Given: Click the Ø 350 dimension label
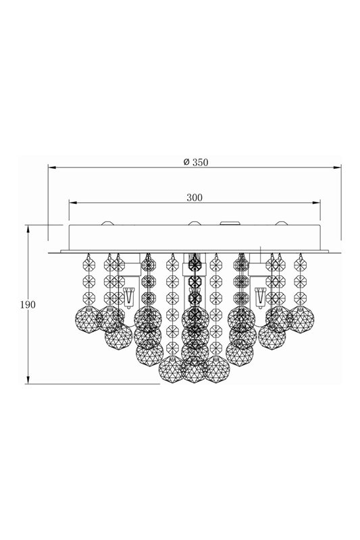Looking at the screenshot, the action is [x=196, y=162].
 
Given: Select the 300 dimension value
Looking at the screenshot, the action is [x=195, y=198].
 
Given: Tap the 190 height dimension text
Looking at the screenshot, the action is [x=28, y=305].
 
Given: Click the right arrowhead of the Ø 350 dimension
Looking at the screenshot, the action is [x=337, y=167].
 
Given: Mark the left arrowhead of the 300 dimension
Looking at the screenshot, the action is [x=73, y=202].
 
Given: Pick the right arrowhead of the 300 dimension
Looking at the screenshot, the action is [x=316, y=202].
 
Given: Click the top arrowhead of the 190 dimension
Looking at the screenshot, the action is [x=28, y=229].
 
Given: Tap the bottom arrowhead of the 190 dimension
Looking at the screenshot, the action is [x=28, y=379].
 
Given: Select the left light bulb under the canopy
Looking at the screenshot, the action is [x=128, y=298].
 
